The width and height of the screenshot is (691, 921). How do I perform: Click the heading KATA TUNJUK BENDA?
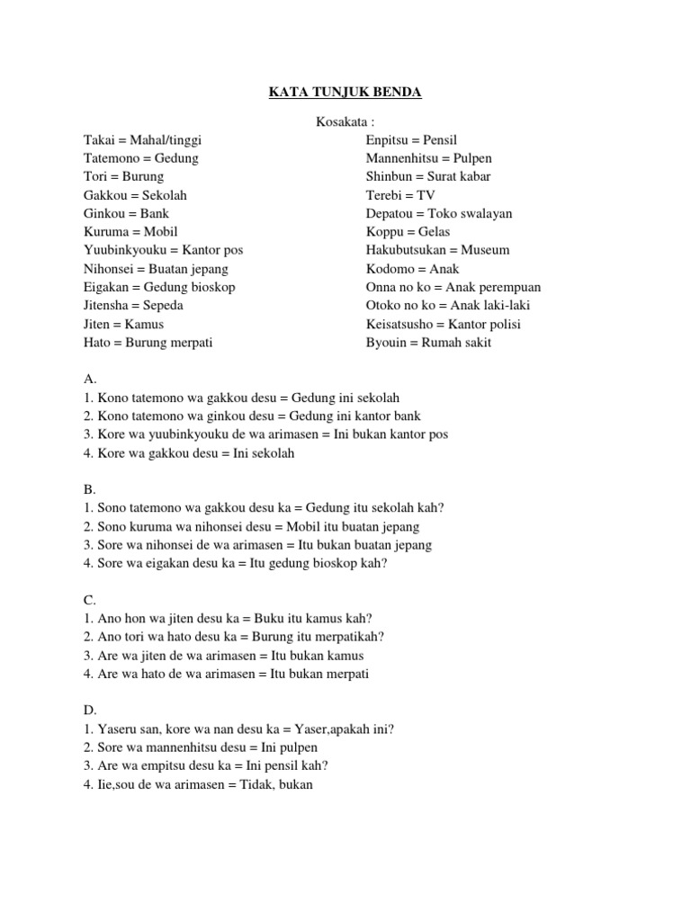point(345,93)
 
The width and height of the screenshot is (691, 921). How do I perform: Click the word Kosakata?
point(345,121)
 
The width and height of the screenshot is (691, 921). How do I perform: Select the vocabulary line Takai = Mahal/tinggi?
point(142,140)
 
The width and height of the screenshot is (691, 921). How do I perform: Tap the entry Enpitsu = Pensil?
point(411,140)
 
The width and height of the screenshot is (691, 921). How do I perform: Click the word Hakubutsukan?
point(406,250)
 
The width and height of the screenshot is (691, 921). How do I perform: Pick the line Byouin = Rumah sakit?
point(429,343)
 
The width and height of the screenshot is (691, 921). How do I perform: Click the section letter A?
point(89,380)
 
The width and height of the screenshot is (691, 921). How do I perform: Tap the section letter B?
point(89,489)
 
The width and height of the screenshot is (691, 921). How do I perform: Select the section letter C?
point(89,600)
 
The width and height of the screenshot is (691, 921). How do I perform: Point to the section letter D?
point(89,711)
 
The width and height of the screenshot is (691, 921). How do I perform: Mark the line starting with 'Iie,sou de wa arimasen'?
point(198,784)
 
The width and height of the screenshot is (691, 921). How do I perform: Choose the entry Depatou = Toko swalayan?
point(439,213)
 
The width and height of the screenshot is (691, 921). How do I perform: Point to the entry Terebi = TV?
point(400,195)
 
